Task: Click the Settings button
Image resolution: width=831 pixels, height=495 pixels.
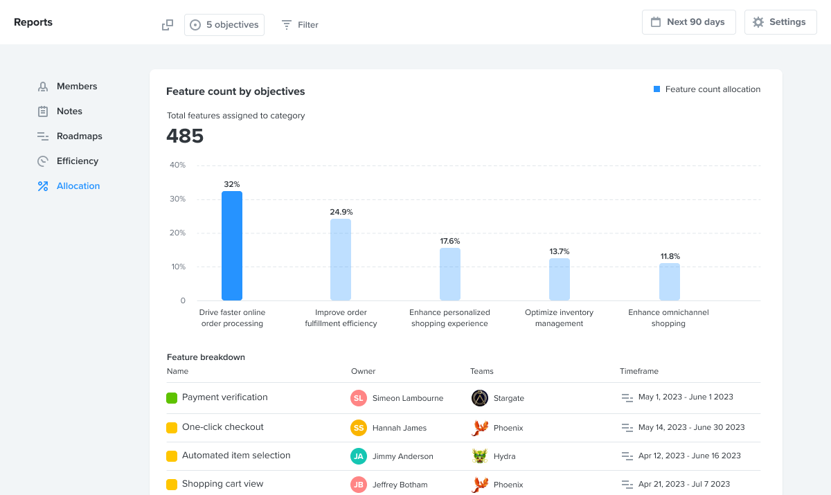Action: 780,22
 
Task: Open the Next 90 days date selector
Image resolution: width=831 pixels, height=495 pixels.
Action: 688,22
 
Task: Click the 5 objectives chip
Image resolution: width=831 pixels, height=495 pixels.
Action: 224,25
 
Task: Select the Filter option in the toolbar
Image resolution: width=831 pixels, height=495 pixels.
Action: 300,25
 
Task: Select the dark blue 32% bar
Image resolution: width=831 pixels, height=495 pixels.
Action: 232,246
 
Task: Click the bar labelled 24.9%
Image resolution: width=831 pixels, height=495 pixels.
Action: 341,260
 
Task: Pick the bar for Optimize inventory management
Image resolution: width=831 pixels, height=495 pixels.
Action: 560,279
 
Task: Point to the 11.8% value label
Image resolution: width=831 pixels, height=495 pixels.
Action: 670,256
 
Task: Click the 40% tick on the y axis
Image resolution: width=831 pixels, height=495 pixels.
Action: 177,165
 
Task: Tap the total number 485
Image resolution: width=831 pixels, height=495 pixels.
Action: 185,136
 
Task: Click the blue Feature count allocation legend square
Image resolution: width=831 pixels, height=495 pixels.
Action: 656,89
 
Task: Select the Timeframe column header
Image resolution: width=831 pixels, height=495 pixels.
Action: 638,372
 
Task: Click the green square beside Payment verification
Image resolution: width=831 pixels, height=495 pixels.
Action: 172,398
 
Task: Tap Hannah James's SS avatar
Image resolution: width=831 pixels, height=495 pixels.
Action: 358,428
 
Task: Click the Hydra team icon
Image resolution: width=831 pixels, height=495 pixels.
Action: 480,456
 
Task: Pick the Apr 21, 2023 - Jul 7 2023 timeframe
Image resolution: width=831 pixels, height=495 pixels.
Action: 683,485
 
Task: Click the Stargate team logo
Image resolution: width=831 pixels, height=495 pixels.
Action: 480,398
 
